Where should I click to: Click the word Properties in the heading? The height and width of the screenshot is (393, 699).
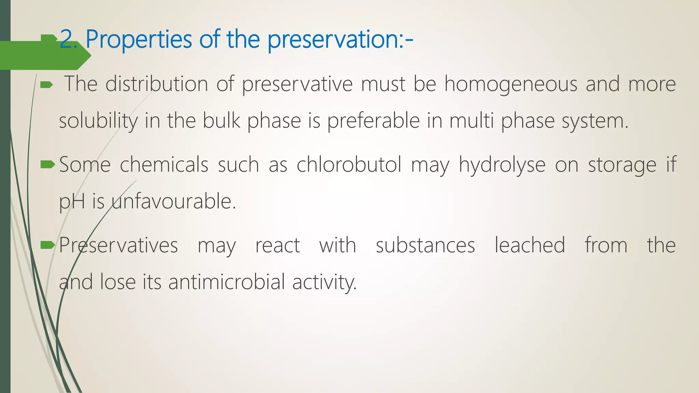[x=139, y=40]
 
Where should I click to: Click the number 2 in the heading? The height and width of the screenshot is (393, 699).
[x=67, y=40]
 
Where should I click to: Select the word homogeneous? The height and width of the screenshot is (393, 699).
[x=511, y=84]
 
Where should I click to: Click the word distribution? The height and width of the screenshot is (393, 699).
[x=157, y=84]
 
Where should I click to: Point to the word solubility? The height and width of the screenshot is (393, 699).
[x=98, y=121]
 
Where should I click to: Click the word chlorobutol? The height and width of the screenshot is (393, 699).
[x=349, y=164]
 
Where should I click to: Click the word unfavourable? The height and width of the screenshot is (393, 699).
[x=174, y=201]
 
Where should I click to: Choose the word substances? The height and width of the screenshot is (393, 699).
[x=425, y=245]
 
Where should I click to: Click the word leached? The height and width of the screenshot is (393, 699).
[x=530, y=245]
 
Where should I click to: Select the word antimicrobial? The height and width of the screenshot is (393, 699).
[x=227, y=282]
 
